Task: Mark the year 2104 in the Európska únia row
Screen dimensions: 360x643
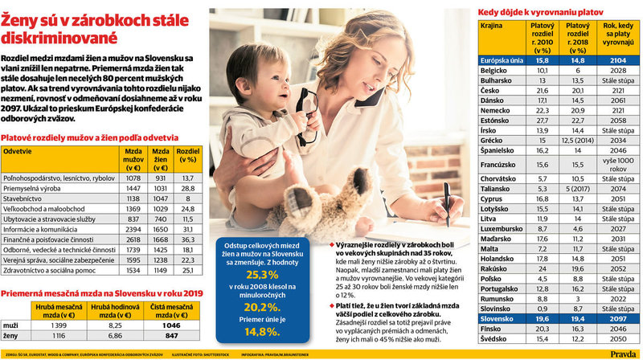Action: [618, 59]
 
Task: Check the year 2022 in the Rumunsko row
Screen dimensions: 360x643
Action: [618, 297]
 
